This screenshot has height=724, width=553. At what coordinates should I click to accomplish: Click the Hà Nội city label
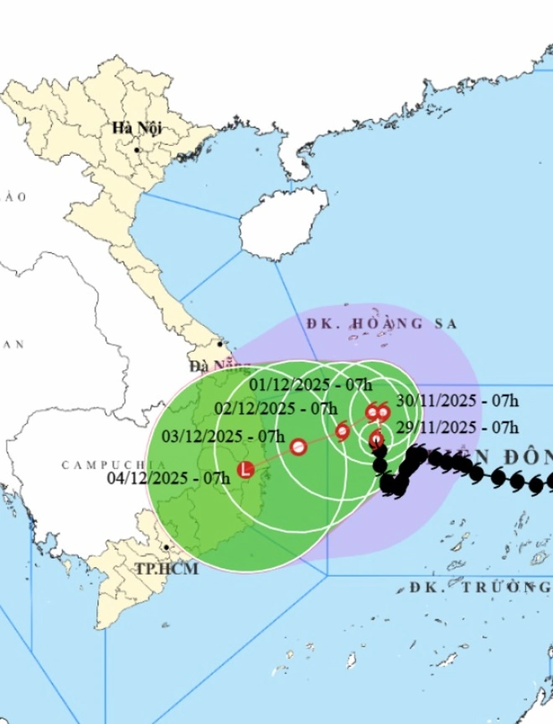point(137,128)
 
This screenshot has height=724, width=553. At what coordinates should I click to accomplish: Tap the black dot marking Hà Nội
point(137,150)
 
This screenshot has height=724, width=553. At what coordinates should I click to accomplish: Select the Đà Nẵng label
point(209,366)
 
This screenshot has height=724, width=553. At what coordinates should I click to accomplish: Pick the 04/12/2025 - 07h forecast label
point(169,478)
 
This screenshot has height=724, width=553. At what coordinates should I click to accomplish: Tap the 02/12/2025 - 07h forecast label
point(276,409)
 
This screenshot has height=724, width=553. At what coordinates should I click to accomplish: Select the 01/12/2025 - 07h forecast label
point(312,385)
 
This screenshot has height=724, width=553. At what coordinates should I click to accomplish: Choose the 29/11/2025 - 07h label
point(457,427)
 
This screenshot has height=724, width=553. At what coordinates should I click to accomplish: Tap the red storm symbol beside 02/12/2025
point(342,432)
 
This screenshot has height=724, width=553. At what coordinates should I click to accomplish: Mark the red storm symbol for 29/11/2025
point(377,438)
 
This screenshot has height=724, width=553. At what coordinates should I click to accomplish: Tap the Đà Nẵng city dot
point(220,344)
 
